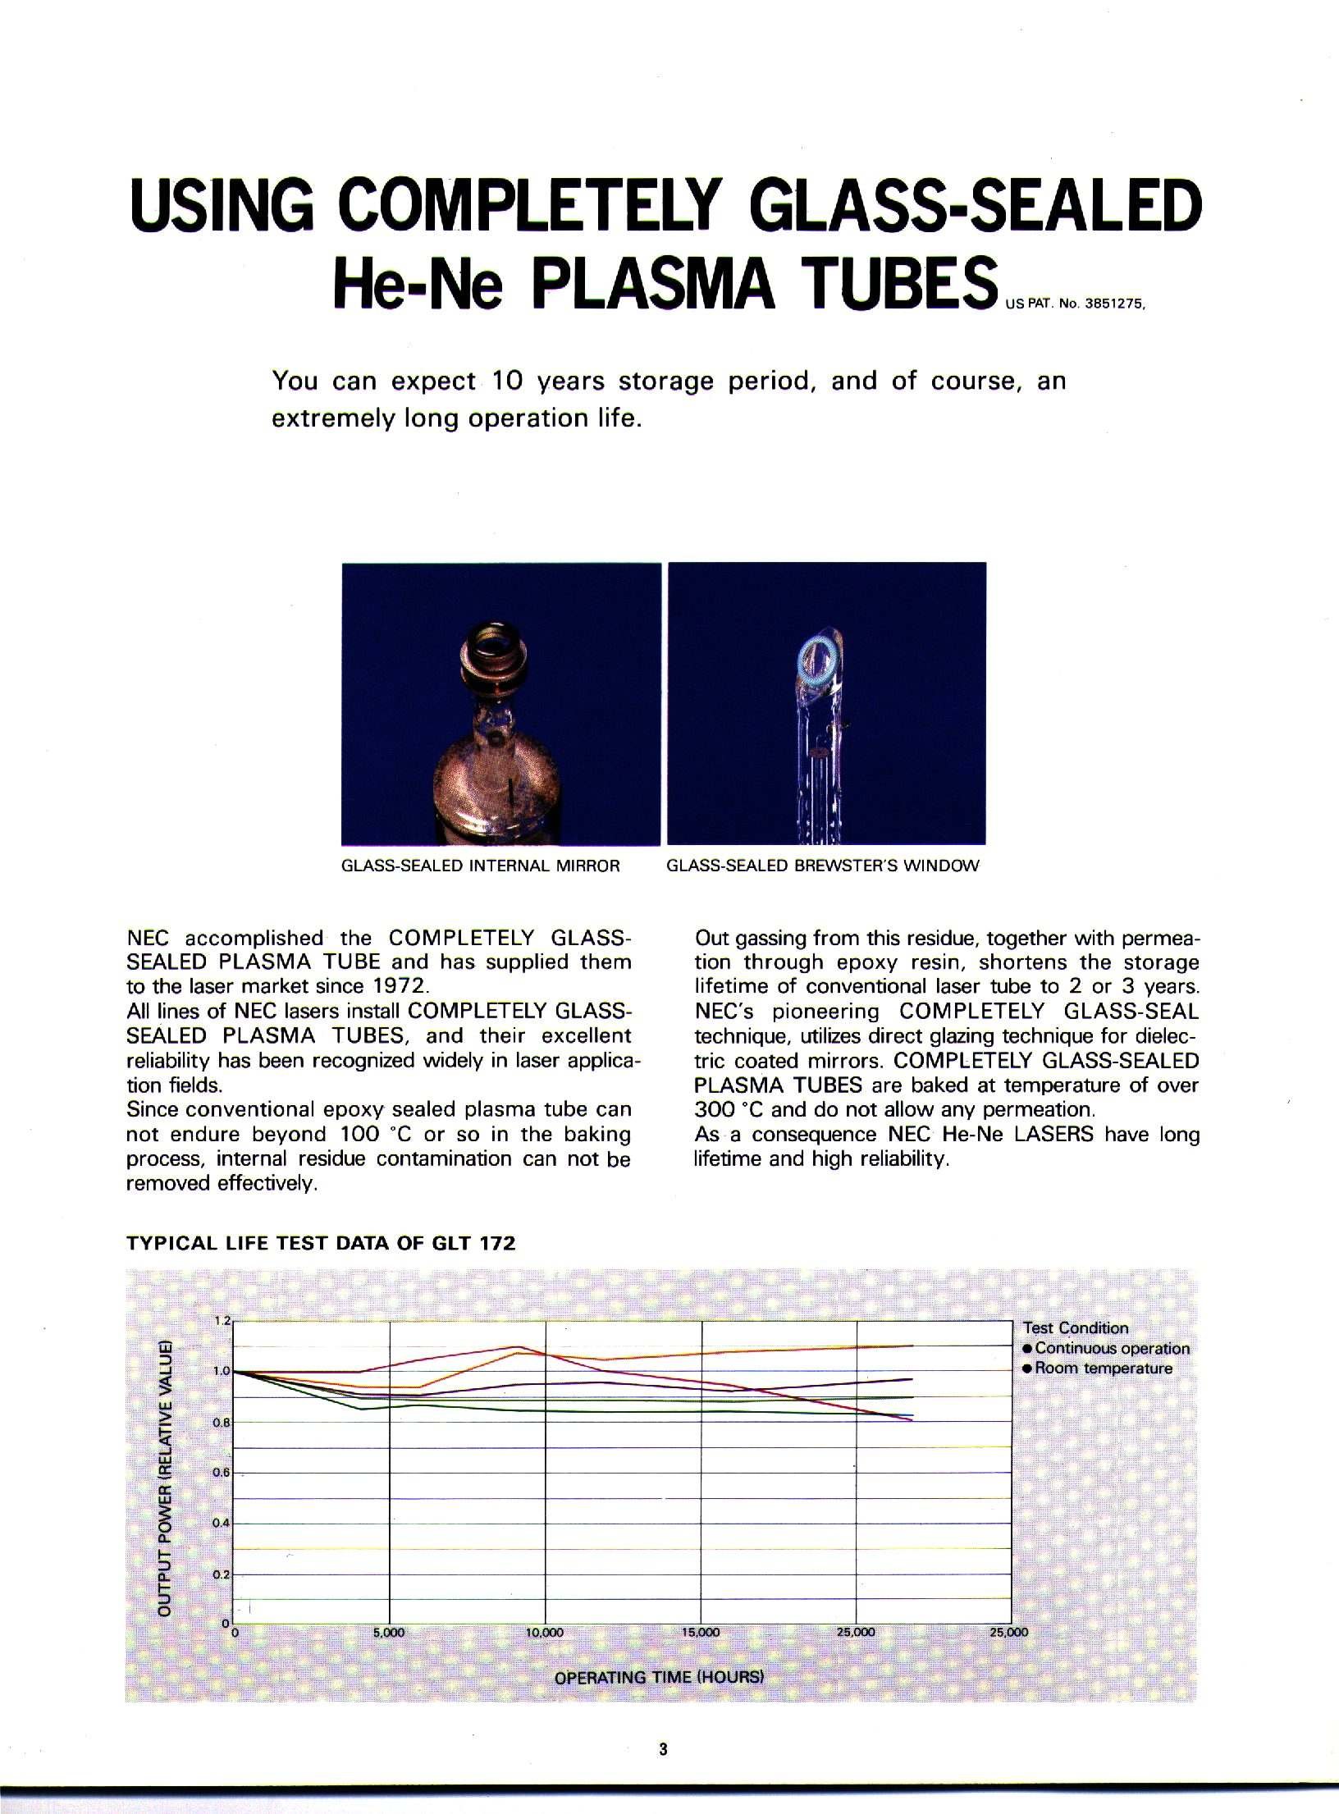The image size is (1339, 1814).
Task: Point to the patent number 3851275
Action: point(1113,301)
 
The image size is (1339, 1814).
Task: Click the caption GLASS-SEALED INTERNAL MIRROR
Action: point(480,866)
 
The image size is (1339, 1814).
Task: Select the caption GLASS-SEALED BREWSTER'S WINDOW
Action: point(823,866)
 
